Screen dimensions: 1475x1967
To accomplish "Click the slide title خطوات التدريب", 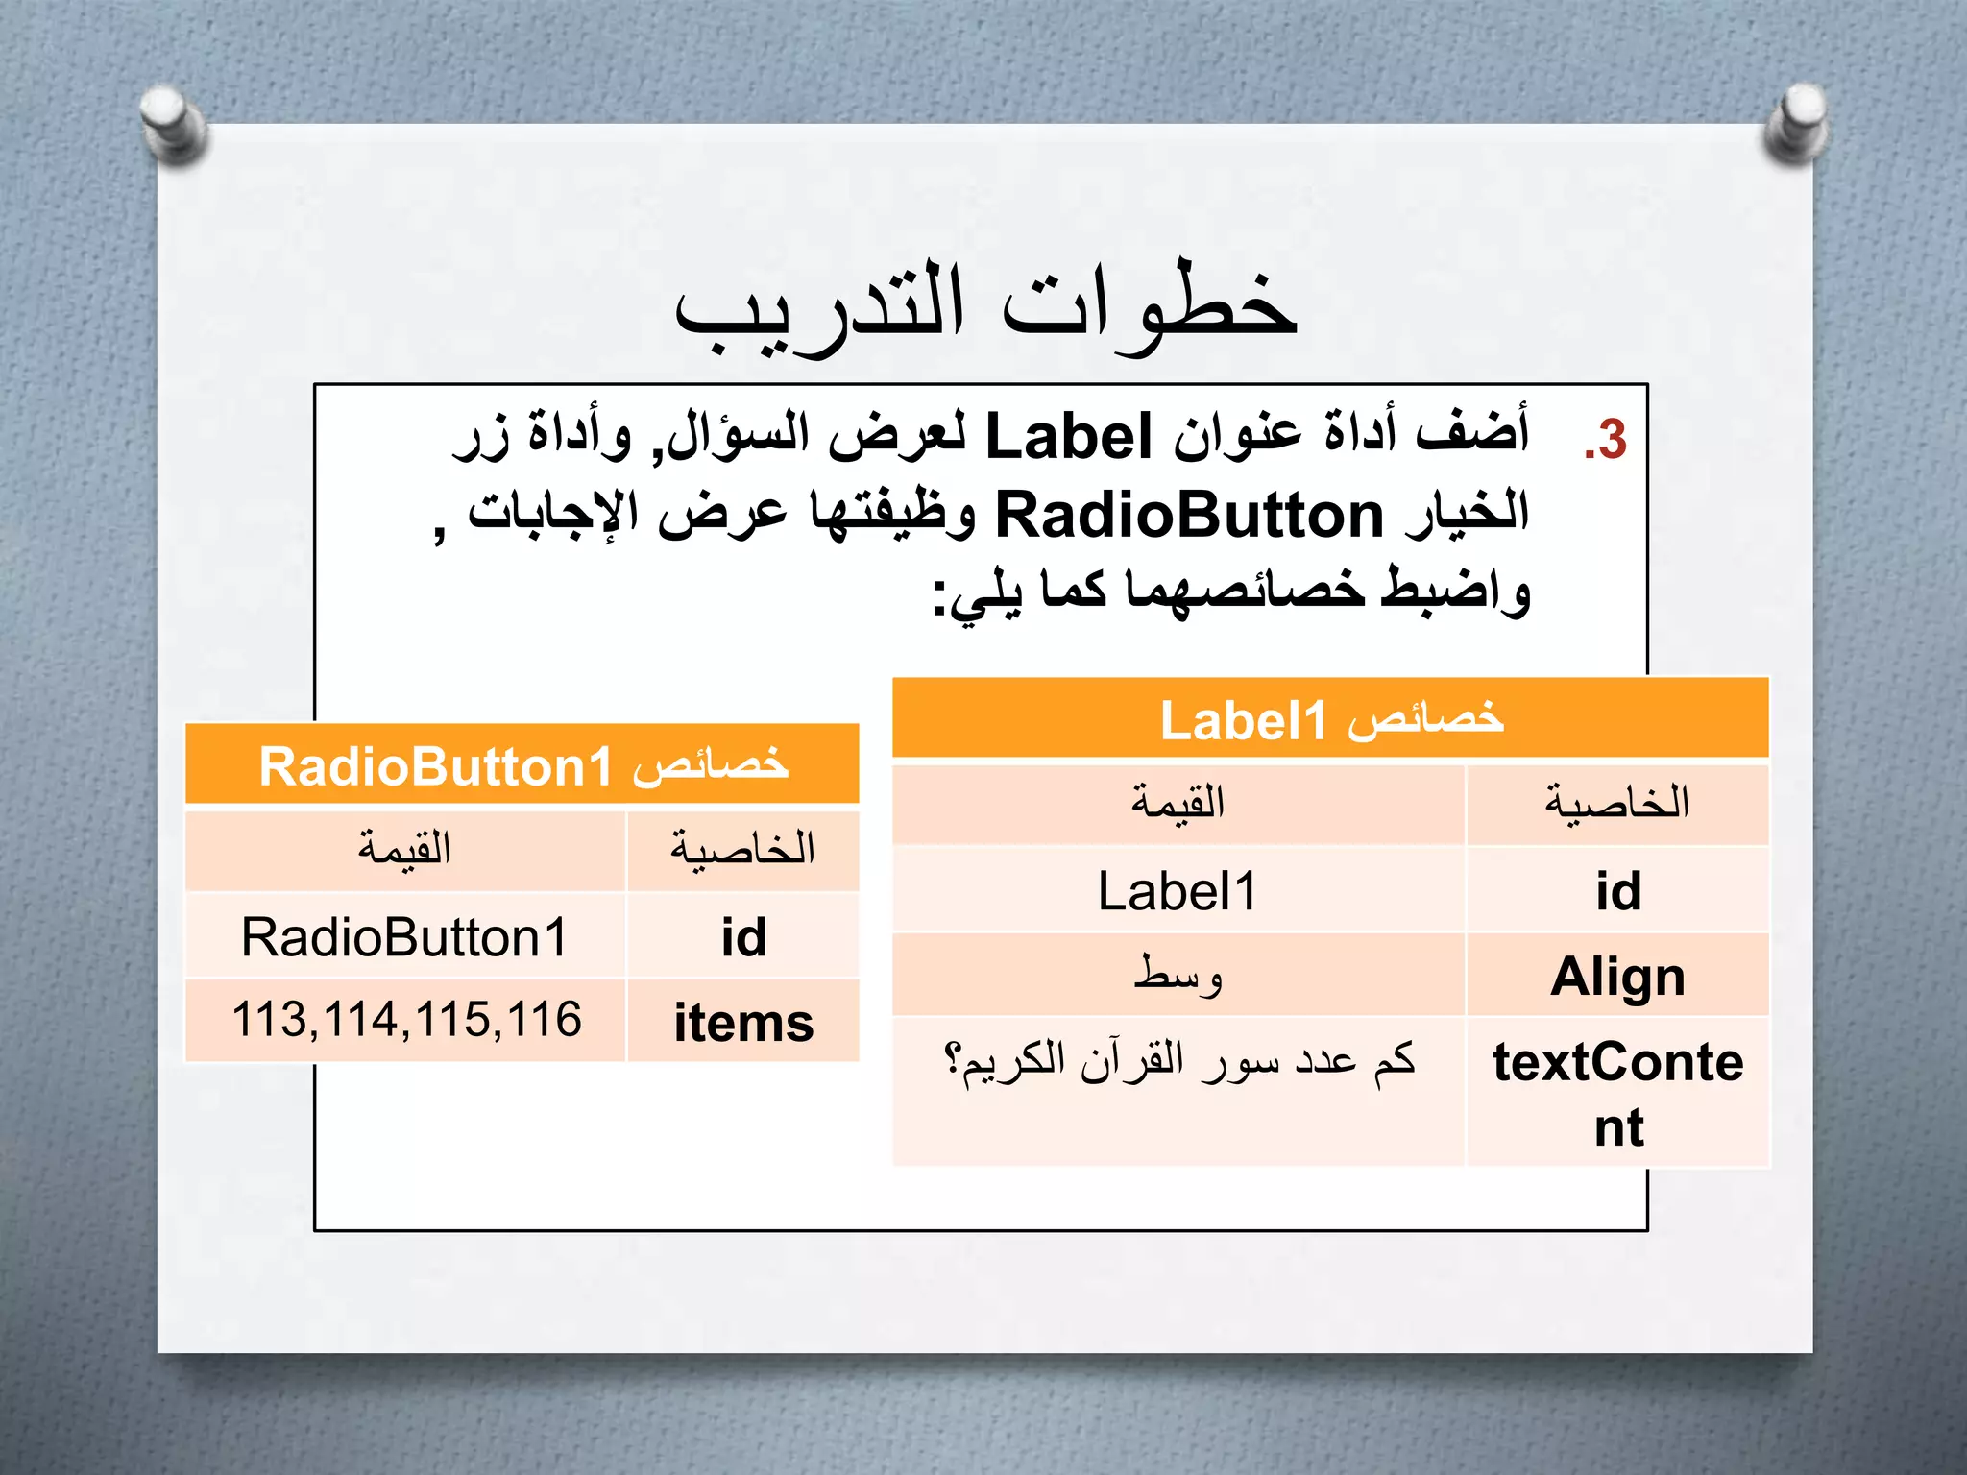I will [x=985, y=305].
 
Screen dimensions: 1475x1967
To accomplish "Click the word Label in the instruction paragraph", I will [x=1069, y=437].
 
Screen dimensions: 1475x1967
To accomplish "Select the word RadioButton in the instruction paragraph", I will [x=1189, y=516].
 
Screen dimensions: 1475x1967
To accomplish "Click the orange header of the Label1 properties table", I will [x=1330, y=719].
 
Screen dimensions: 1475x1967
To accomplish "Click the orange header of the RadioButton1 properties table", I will [x=522, y=765].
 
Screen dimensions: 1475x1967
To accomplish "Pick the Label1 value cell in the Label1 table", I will [x=1178, y=891].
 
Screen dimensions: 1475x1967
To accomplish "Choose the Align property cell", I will [x=1617, y=977].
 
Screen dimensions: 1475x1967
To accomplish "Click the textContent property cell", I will [x=1617, y=1093].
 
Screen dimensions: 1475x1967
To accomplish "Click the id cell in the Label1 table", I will [x=1617, y=891].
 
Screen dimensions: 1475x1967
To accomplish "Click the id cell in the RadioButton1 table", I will [x=743, y=937].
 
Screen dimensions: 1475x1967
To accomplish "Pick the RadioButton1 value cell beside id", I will [x=404, y=937].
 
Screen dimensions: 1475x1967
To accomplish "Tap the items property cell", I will [x=743, y=1022].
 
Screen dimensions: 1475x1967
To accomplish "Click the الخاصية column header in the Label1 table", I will [x=1617, y=803].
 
